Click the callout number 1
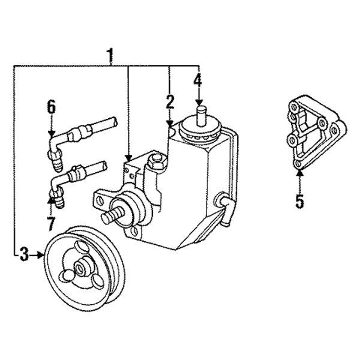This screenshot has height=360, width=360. click(110, 55)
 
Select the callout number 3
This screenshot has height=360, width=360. click(23, 255)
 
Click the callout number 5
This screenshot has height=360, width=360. click(299, 200)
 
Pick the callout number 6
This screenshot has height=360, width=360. click(51, 107)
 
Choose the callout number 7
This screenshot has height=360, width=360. click(50, 224)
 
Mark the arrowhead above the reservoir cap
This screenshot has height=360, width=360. click(198, 103)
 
